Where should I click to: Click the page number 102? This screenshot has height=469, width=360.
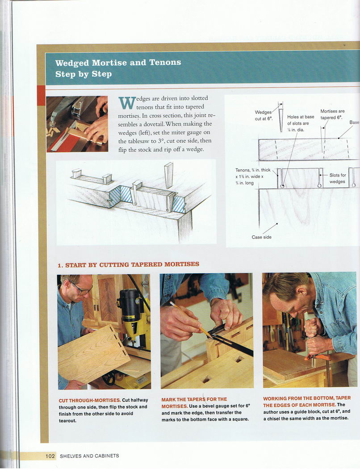[x=50, y=456]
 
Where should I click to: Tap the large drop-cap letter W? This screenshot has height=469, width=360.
[x=126, y=104]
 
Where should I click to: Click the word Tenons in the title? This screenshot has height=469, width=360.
[x=165, y=62]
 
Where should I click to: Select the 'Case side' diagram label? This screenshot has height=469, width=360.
[x=262, y=237]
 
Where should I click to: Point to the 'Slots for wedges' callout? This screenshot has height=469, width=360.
[x=337, y=178]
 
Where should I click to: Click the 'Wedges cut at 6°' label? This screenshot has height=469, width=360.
[x=264, y=115]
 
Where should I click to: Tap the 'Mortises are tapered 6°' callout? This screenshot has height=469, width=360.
[x=332, y=114]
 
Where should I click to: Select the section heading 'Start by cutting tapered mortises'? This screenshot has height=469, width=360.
[x=128, y=265]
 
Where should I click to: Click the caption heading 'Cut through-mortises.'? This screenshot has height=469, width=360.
[x=90, y=400]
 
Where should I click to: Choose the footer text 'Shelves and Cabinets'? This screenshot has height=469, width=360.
[x=89, y=456]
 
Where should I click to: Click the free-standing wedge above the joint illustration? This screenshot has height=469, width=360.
[x=169, y=175]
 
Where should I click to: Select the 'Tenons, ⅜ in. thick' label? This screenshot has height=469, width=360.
[x=253, y=170]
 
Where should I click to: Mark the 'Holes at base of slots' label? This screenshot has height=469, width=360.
[x=300, y=123]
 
